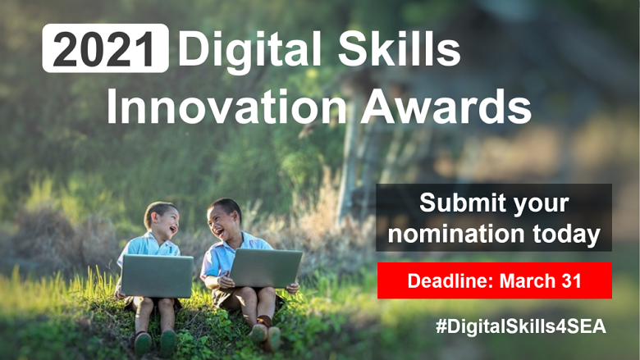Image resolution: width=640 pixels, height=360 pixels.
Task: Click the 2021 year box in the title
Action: [x=105, y=49]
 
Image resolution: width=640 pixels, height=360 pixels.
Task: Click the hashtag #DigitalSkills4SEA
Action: [x=521, y=326]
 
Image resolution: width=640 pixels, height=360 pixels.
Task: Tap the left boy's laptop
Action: [x=157, y=276]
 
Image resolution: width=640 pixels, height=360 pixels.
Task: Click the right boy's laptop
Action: [x=265, y=268]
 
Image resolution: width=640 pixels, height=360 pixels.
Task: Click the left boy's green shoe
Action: [x=143, y=341]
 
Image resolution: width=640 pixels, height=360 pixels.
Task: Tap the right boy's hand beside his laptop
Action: [x=292, y=288]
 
